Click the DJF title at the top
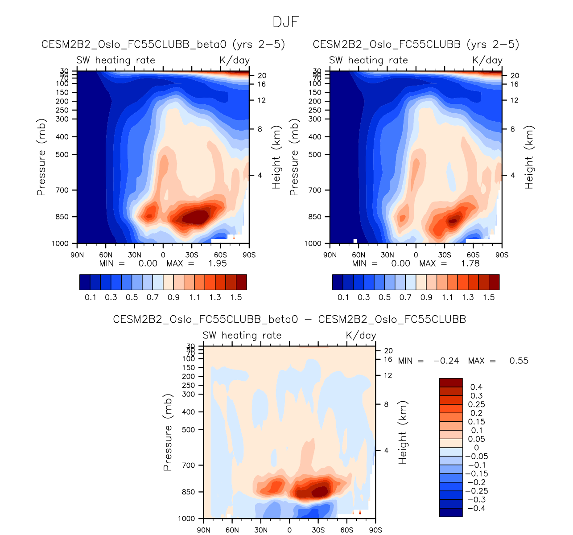click(286, 22)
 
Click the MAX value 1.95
click(217, 263)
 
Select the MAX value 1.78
click(470, 263)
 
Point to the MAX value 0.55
click(519, 361)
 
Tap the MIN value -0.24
click(446, 361)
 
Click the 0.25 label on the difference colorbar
click(476, 404)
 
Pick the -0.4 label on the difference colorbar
click(476, 508)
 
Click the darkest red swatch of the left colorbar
click(241, 282)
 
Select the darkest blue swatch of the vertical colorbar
click(451, 512)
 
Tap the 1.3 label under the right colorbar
click(468, 297)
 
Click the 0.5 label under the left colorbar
click(132, 297)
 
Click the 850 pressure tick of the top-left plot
click(62, 217)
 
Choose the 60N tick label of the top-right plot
click(359, 255)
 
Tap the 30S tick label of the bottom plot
click(318, 530)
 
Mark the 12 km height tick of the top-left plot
click(261, 100)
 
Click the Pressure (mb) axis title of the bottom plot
click(168, 432)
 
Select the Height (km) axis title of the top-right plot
click(529, 157)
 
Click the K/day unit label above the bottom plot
click(361, 335)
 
